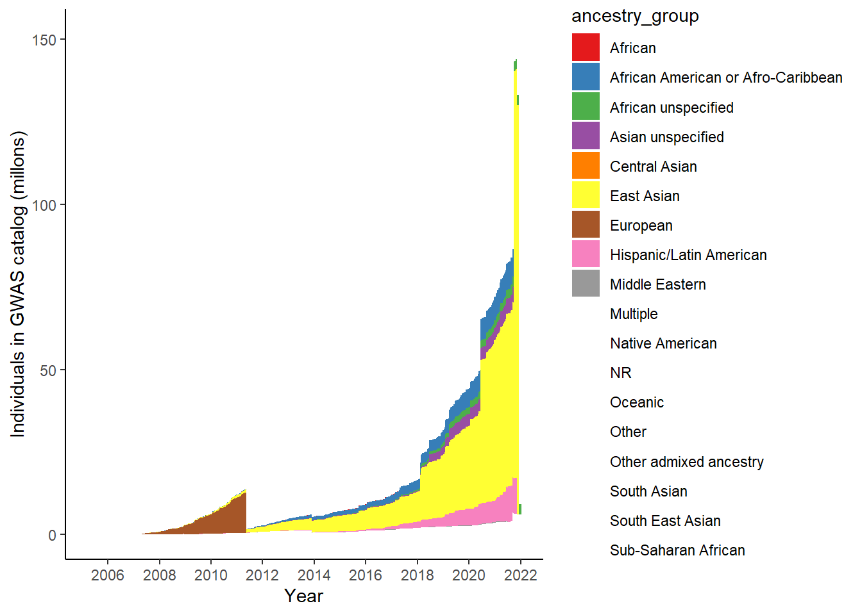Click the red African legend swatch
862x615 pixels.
coord(586,47)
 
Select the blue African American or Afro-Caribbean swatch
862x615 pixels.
coord(586,77)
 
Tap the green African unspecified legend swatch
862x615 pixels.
coord(586,107)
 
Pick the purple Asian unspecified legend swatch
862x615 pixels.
coord(586,136)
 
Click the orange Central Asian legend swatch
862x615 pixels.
coord(586,166)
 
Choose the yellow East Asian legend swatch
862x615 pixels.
coord(586,195)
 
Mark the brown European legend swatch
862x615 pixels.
coord(586,225)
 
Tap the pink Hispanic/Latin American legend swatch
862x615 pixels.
coord(586,254)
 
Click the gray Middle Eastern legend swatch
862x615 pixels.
coord(586,284)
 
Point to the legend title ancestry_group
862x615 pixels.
coord(635,16)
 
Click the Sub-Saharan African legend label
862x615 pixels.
coord(677,550)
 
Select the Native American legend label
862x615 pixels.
coord(663,343)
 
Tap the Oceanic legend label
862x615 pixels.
coord(637,402)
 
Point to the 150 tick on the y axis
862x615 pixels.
coord(44,40)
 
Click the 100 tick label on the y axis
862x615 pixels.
coord(44,205)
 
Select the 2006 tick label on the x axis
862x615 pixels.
coord(108,575)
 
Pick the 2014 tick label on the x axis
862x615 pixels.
coord(314,575)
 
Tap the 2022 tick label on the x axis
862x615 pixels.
coord(520,575)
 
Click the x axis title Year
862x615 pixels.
coord(303,596)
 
